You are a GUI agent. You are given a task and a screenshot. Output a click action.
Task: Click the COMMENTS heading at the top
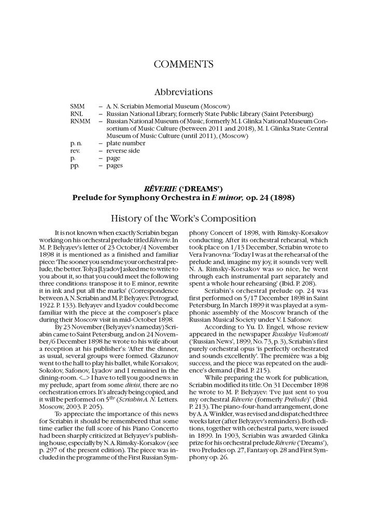(x=183, y=64)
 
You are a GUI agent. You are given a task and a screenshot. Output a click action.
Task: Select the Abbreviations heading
(x=183, y=92)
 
